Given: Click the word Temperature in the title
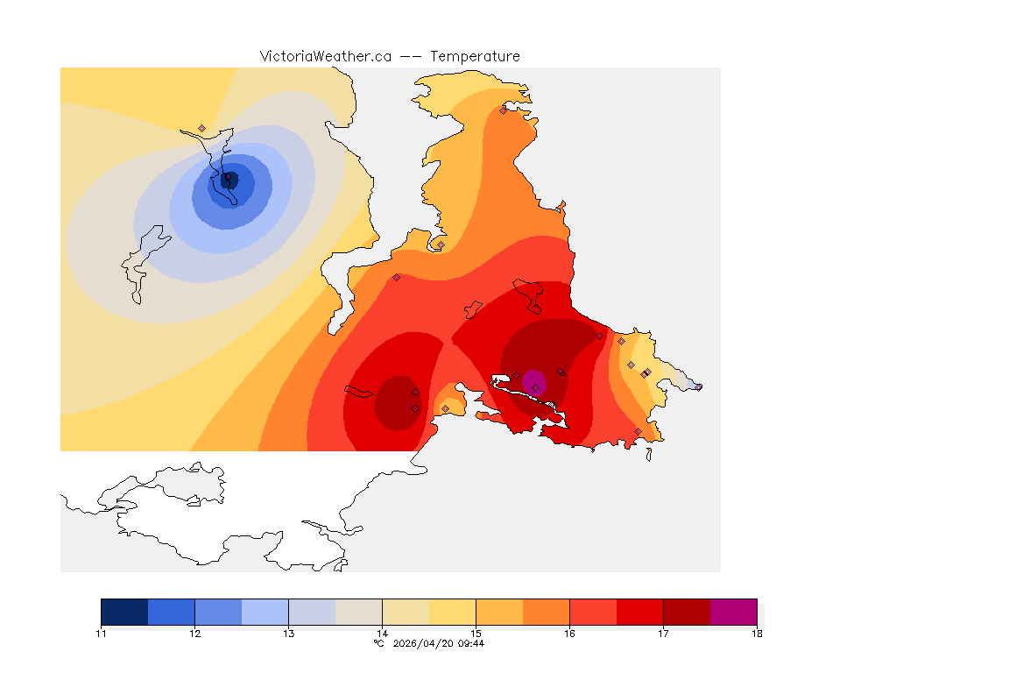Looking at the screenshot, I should [475, 56].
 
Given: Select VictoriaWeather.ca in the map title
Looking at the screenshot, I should [325, 56].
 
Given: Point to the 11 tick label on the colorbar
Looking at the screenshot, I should [101, 634].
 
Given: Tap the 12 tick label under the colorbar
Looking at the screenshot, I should [194, 634].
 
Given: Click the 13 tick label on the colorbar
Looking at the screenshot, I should [288, 634].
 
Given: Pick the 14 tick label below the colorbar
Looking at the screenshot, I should [382, 634].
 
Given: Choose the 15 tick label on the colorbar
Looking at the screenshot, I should [476, 634].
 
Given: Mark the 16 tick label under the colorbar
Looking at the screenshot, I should [569, 634].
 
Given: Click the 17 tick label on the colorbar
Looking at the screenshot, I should [663, 634].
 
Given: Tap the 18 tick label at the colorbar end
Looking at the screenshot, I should [756, 634].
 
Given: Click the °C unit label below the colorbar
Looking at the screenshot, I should [378, 643].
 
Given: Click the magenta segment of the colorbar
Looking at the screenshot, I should [733, 612].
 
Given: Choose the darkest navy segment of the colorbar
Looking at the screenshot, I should [124, 612].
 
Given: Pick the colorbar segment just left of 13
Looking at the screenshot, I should [265, 612].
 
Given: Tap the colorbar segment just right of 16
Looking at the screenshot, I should [593, 612].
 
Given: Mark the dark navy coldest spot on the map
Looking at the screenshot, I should [229, 181].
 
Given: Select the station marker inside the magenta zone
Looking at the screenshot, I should [535, 386].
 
